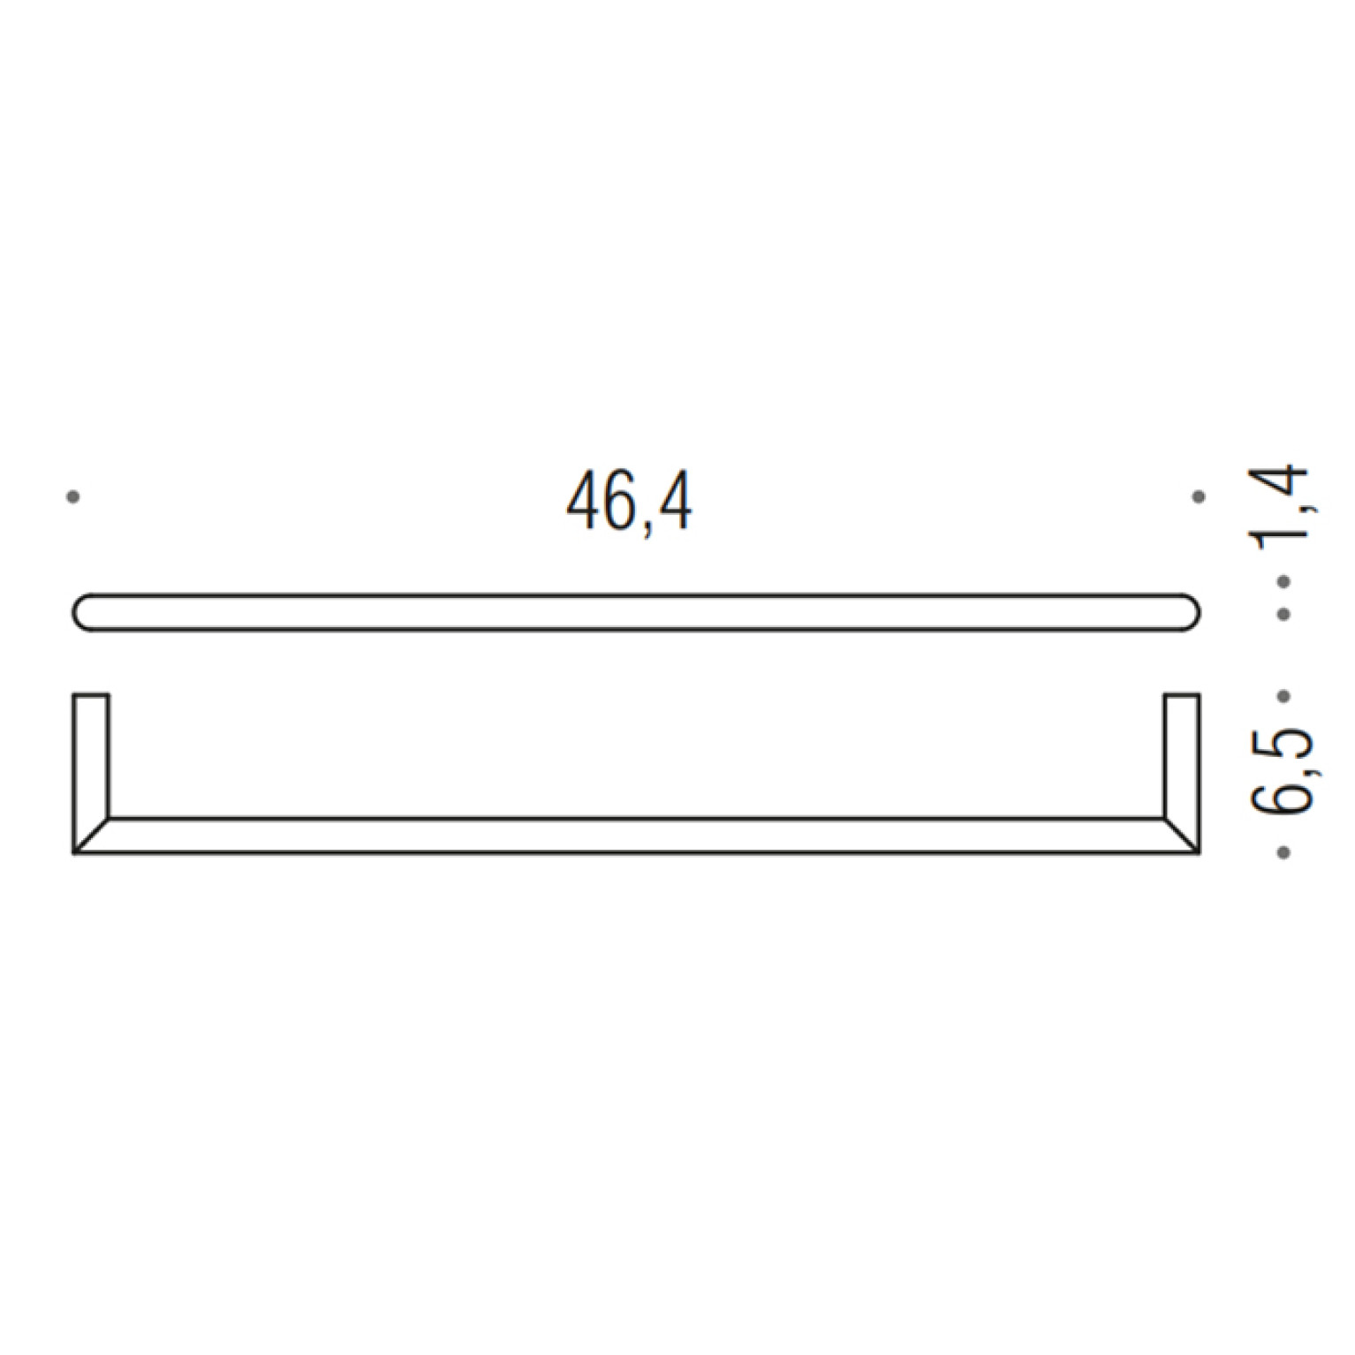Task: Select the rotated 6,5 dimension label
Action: pyautogui.click(x=1283, y=771)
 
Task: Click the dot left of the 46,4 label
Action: pyautogui.click(x=73, y=497)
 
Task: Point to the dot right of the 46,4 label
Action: pyautogui.click(x=1199, y=497)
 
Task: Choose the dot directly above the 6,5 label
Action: pyautogui.click(x=1284, y=696)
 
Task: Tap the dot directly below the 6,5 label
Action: pyautogui.click(x=1284, y=852)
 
